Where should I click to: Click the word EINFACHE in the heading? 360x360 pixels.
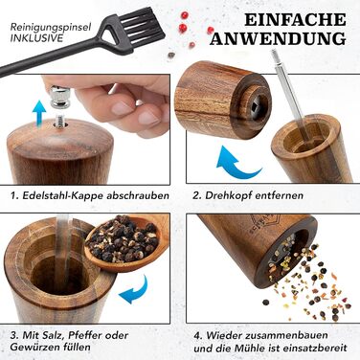click(x=295, y=19)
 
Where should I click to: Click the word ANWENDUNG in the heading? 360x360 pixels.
click(x=278, y=38)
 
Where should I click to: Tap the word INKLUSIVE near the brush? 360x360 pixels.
click(x=36, y=38)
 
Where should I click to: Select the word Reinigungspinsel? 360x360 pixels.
click(x=51, y=27)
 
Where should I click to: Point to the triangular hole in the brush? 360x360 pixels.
click(x=111, y=32)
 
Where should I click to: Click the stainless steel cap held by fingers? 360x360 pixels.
click(x=60, y=96)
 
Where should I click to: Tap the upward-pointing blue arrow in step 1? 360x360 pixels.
click(x=39, y=113)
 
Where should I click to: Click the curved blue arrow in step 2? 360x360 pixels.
click(x=236, y=163)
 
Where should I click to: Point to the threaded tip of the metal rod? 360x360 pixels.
click(x=274, y=56)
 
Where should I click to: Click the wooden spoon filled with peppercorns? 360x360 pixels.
click(x=127, y=242)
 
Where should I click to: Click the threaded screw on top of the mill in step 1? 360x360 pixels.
click(x=59, y=122)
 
